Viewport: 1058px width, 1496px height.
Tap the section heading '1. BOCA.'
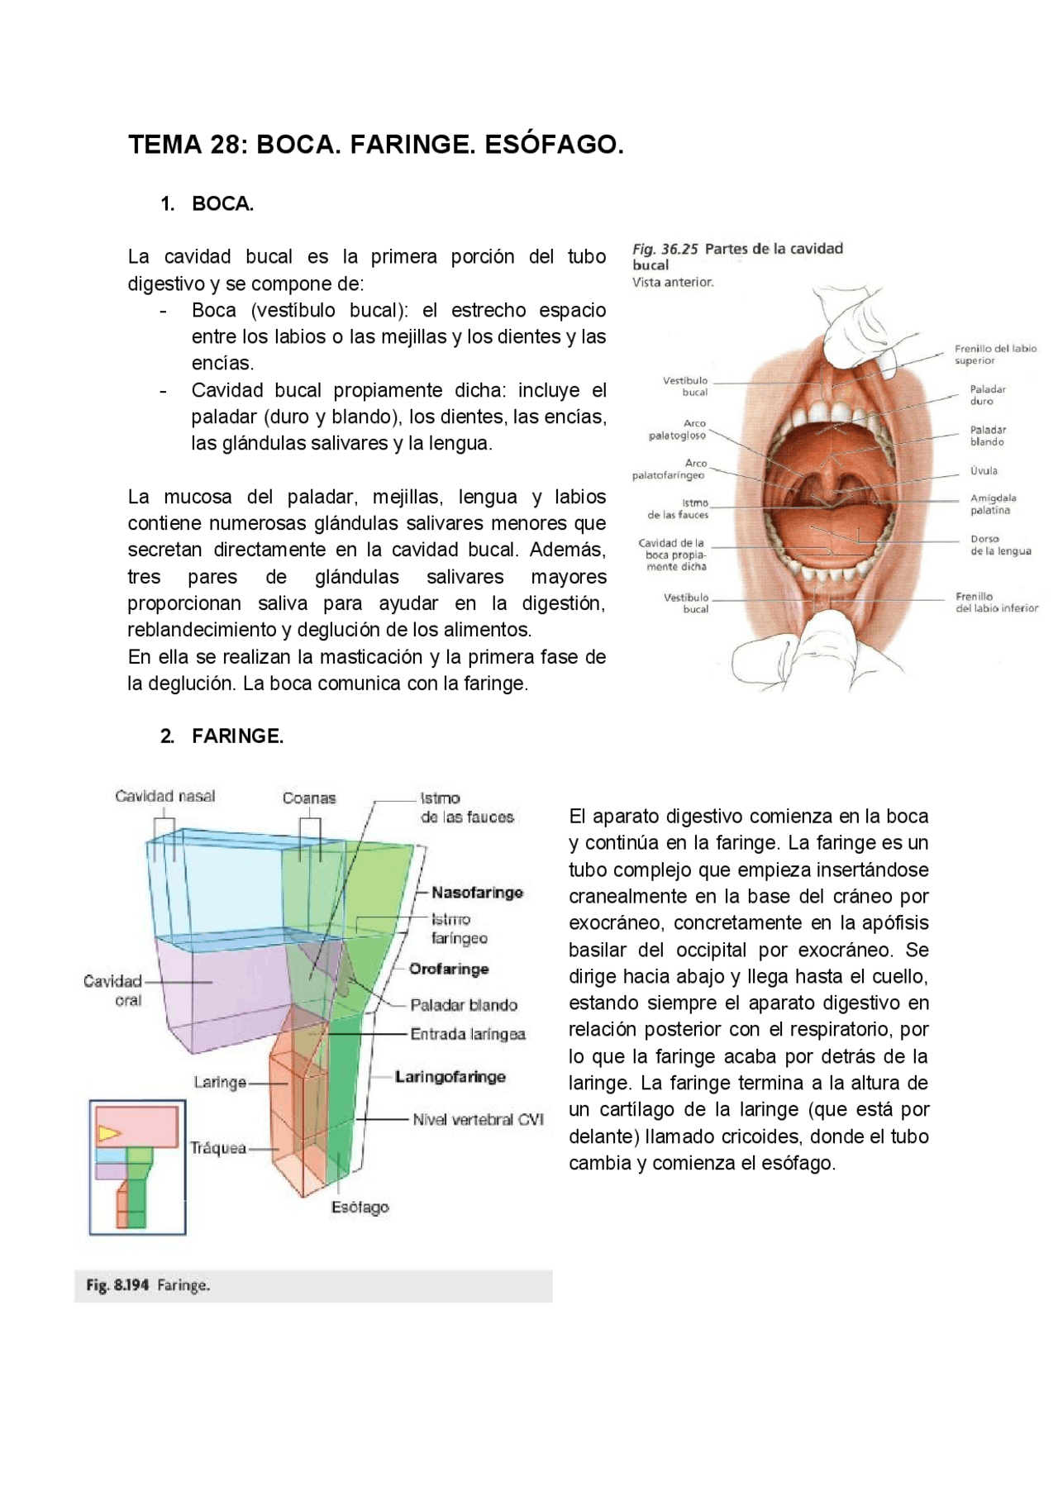(x=207, y=204)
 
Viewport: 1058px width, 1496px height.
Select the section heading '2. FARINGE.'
(x=222, y=736)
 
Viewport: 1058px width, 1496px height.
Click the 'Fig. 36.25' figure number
(x=665, y=249)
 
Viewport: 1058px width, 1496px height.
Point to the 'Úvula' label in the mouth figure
(x=984, y=471)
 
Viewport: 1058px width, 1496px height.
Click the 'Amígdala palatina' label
(x=993, y=504)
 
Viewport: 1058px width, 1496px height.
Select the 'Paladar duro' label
(x=987, y=395)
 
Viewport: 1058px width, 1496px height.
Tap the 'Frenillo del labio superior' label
(x=995, y=355)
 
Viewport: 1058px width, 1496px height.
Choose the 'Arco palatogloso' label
(x=679, y=429)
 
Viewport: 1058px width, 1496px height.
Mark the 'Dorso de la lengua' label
(x=1000, y=546)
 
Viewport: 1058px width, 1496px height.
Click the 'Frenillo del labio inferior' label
(x=996, y=603)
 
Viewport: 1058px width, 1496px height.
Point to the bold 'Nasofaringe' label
(x=477, y=893)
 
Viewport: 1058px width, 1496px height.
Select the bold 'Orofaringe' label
(x=449, y=969)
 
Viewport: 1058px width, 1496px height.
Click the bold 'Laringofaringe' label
(x=450, y=1077)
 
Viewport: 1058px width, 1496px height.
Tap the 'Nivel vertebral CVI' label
(x=478, y=1120)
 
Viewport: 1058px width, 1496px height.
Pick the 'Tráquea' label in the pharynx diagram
(x=218, y=1148)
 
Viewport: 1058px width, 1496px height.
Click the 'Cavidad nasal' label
(x=165, y=797)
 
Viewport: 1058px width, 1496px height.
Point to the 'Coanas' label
(x=309, y=798)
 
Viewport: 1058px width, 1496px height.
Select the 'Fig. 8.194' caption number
(x=117, y=1285)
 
